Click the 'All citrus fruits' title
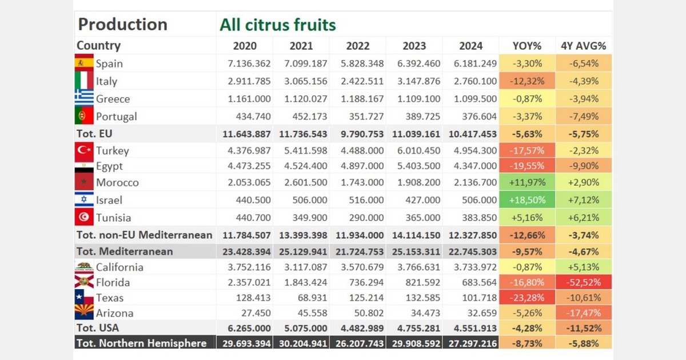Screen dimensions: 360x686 pyautogui.click(x=278, y=25)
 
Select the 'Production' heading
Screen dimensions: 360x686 pyautogui.click(x=122, y=25)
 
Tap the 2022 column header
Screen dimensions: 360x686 pyautogui.click(x=357, y=46)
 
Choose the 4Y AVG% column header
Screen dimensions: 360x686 pyautogui.click(x=583, y=46)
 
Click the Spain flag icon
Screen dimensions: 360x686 pyautogui.click(x=84, y=62)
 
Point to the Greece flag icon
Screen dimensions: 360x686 pyautogui.click(x=84, y=98)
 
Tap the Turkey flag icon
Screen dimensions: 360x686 pyautogui.click(x=84, y=151)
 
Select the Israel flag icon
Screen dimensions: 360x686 pyautogui.click(x=84, y=200)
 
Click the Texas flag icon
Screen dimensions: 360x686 pyautogui.click(x=84, y=297)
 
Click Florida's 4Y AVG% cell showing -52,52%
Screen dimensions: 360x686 pyautogui.click(x=583, y=282)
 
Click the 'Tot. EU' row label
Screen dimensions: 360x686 pyautogui.click(x=95, y=134)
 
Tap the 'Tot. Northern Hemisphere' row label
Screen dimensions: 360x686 pyautogui.click(x=141, y=343)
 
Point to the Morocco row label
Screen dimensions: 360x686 pyautogui.click(x=117, y=183)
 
